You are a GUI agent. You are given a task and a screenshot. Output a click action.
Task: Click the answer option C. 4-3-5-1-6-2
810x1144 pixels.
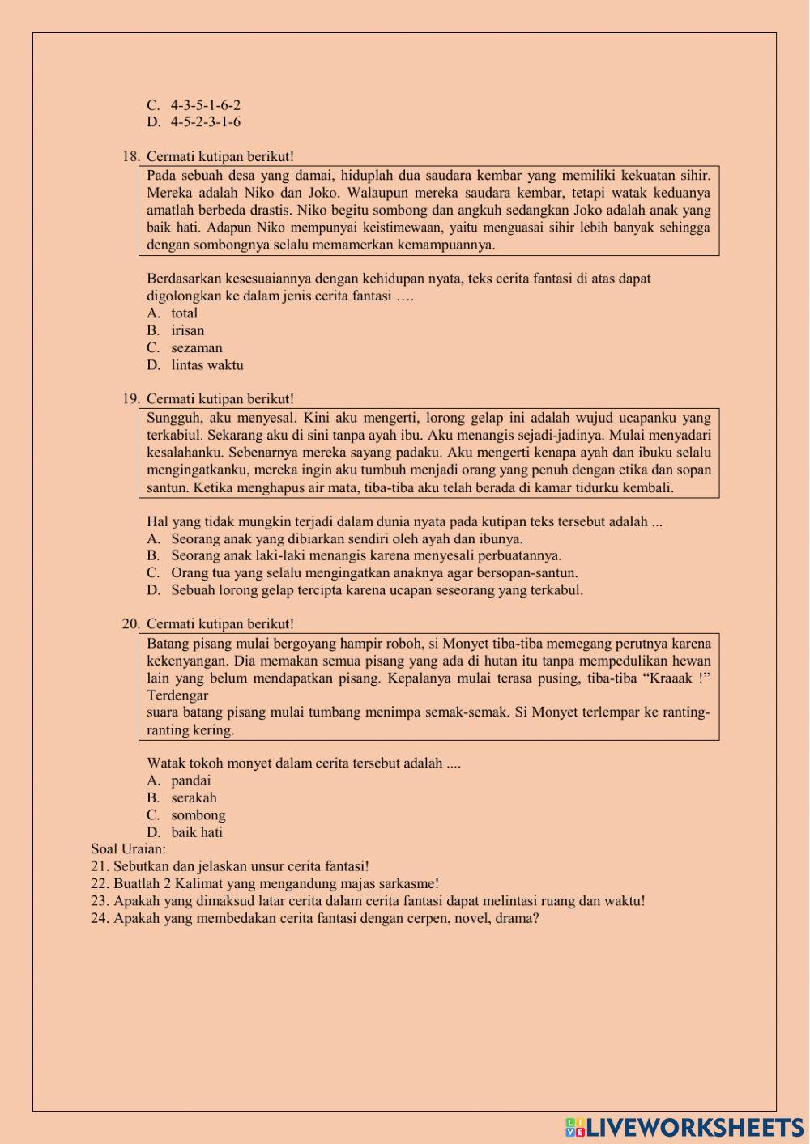click(x=194, y=105)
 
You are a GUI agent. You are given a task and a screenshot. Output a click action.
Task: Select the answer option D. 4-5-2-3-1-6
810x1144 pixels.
click(x=194, y=122)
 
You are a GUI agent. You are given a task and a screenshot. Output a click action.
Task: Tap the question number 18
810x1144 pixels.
click(x=131, y=156)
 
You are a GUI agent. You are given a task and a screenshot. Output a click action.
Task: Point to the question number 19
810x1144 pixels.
click(x=131, y=399)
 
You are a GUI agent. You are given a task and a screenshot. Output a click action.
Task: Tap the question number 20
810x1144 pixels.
click(x=131, y=624)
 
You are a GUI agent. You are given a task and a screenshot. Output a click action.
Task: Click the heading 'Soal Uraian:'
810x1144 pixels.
click(x=128, y=849)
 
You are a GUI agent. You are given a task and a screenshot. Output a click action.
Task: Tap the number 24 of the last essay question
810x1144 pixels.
click(x=100, y=918)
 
